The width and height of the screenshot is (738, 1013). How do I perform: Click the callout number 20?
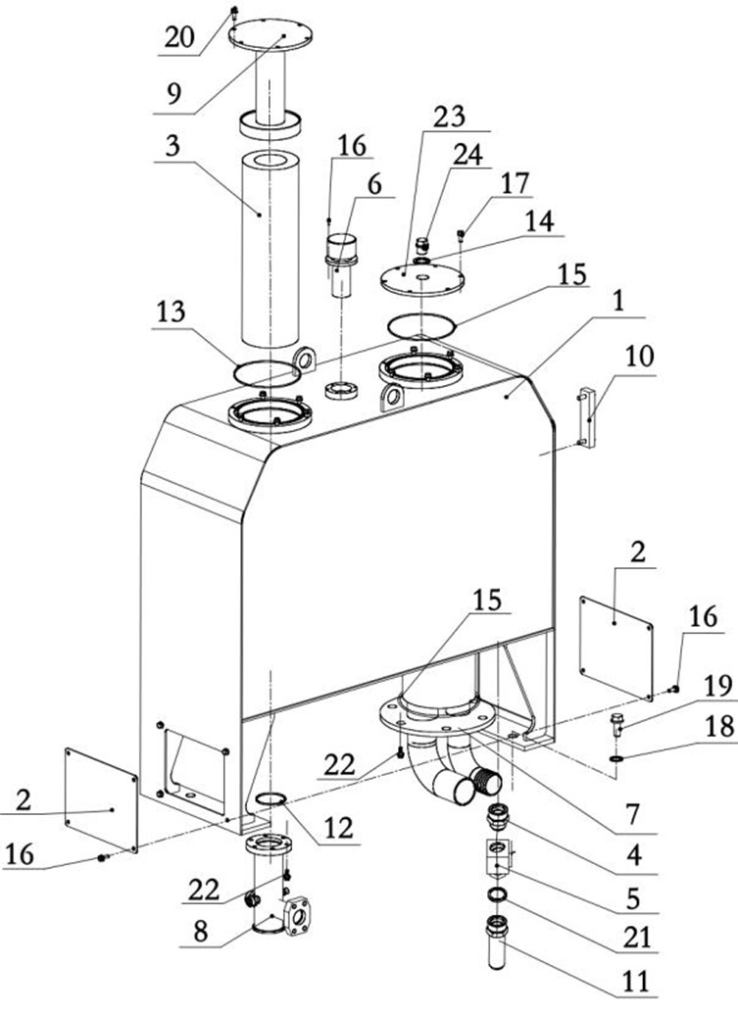coord(179,37)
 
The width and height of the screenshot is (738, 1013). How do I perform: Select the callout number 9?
coord(173,94)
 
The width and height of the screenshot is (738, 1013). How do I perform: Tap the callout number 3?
coord(172,146)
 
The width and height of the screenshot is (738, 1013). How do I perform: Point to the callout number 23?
coord(449,117)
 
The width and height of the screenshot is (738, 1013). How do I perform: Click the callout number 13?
coord(170,313)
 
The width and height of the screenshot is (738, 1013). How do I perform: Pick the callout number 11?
coord(635,982)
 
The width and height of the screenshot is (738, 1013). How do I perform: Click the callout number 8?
coord(201,933)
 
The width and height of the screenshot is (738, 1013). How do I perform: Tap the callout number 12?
coord(340,827)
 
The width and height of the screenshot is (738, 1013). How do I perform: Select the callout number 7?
coord(633,815)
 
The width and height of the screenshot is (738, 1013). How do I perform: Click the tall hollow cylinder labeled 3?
coord(271,250)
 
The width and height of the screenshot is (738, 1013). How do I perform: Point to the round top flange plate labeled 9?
coord(271,33)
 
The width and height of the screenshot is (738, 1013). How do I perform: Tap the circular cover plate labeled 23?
coord(422,281)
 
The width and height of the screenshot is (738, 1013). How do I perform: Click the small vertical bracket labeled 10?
coord(587,416)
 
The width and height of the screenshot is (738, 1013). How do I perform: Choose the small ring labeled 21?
coord(497,894)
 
